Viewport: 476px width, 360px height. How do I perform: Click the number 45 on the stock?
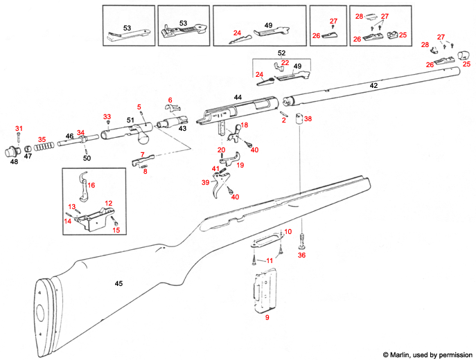[118, 284]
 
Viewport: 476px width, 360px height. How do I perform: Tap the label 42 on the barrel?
[373, 85]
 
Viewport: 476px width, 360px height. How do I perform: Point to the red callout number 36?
[301, 255]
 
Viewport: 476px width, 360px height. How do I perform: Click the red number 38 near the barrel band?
[308, 119]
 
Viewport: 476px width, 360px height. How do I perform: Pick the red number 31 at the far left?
[19, 129]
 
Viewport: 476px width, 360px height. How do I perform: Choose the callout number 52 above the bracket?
[281, 53]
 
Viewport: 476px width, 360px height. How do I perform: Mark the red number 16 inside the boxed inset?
[91, 185]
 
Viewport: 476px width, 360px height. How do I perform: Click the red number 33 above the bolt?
[107, 116]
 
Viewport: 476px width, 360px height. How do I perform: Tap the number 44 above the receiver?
[238, 98]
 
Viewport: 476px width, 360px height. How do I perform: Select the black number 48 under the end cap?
[14, 161]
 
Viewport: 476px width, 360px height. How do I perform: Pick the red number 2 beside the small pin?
[283, 120]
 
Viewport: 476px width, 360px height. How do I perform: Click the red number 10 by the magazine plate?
[288, 231]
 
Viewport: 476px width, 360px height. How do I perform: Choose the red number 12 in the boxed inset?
[109, 203]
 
